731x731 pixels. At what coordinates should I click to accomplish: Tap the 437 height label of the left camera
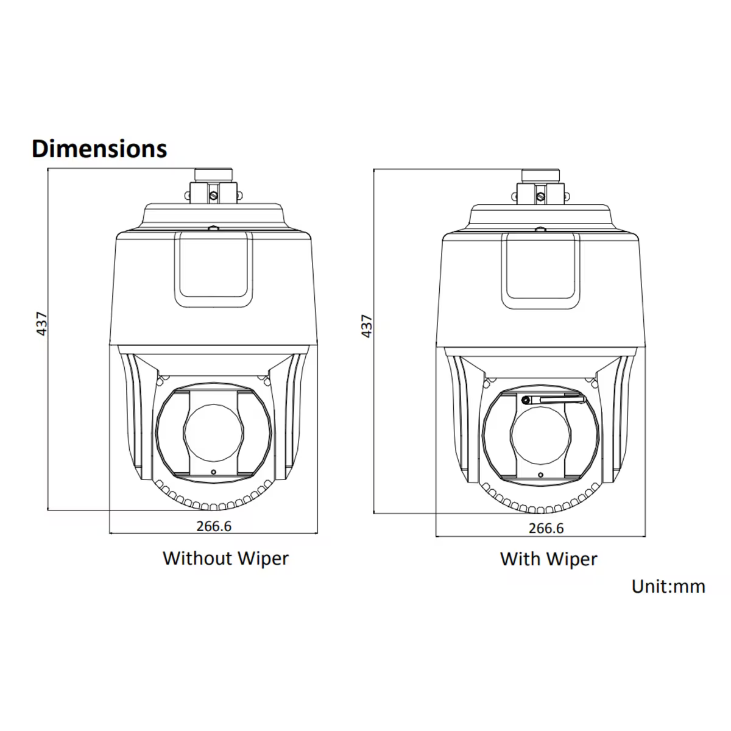(42, 323)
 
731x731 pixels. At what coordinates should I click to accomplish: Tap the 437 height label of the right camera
(367, 326)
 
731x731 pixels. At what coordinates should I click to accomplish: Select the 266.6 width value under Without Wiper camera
(214, 526)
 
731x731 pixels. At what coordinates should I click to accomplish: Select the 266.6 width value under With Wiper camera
(546, 528)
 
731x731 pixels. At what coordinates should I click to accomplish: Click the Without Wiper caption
(226, 559)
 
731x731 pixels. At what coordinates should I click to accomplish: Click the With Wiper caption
(548, 559)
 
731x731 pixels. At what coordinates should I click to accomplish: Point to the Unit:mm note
(668, 587)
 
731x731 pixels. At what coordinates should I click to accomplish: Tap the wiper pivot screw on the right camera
(526, 400)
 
